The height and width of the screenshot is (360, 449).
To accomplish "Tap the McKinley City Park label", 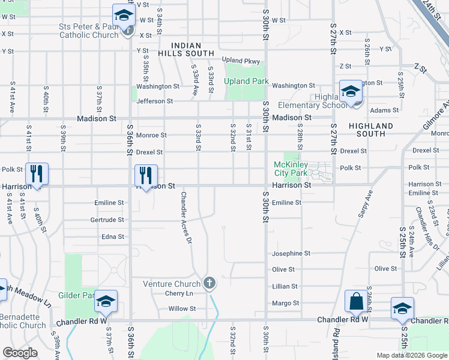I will tap(291, 169).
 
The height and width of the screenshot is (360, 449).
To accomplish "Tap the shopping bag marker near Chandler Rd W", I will tap(356, 301).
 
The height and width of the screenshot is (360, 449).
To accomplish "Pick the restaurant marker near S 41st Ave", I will tap(37, 174).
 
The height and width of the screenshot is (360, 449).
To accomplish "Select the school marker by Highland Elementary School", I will tap(350, 91).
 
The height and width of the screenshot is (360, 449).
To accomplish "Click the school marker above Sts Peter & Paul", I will tap(124, 16).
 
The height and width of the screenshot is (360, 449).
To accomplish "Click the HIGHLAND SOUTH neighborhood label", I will tap(371, 130).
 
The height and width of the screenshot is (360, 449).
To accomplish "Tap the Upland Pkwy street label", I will tap(241, 61).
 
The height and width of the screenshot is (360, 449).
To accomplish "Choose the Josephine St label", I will tap(291, 254).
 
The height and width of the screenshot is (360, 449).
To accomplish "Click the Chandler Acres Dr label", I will tap(186, 217).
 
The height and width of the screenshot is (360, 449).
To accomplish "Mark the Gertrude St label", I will tap(107, 220).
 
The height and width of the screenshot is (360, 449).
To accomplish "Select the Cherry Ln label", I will tap(179, 293).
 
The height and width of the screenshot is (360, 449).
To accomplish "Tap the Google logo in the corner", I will tap(20, 353).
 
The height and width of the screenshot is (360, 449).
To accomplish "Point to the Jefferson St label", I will tap(155, 101).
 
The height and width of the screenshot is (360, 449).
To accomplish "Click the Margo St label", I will tap(286, 304).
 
